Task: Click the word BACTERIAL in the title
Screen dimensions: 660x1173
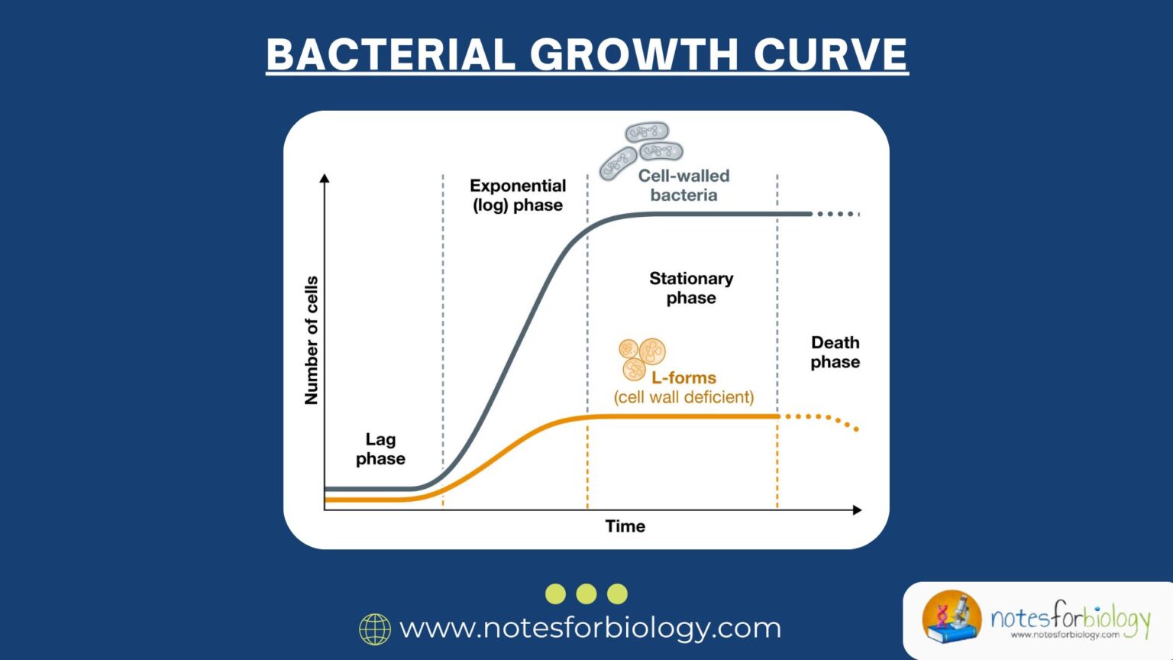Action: click(x=390, y=55)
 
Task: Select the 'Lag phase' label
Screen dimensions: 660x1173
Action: click(x=380, y=449)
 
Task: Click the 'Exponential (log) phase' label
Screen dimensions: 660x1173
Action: click(x=518, y=196)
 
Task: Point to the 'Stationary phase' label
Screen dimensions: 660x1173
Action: click(x=691, y=288)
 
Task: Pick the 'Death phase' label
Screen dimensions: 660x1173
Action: click(x=835, y=352)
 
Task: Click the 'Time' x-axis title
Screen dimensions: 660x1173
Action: click(x=625, y=526)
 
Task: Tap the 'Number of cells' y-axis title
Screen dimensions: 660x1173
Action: click(x=311, y=340)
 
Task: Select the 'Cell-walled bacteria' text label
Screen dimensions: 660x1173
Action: click(x=683, y=186)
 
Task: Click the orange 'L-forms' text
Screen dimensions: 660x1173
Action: click(x=683, y=377)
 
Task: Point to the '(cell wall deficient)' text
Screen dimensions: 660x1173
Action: click(x=683, y=397)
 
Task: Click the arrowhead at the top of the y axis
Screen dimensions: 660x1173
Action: click(x=325, y=179)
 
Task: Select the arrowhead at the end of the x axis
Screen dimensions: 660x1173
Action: click(x=857, y=510)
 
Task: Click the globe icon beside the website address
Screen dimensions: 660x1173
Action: click(x=375, y=629)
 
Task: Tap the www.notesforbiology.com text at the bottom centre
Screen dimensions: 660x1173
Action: click(x=590, y=628)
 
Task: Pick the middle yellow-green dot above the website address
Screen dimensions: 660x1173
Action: click(x=586, y=594)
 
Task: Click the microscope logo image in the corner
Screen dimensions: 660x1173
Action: click(x=951, y=616)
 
